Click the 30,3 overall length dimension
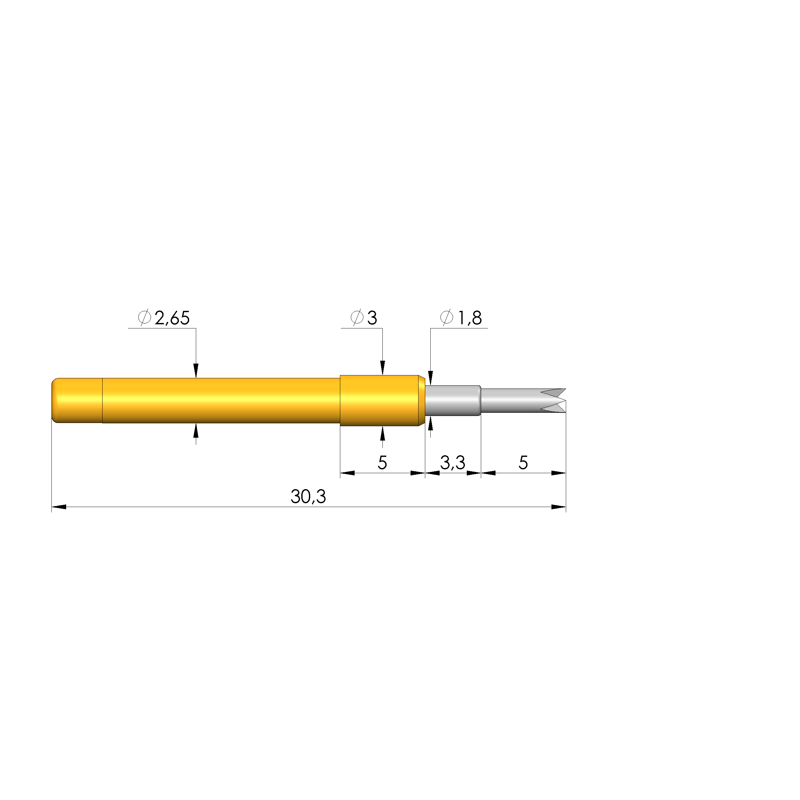point(308,496)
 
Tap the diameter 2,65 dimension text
point(164,318)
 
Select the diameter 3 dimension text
point(364,318)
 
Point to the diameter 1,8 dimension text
point(461,318)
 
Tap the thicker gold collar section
point(382,400)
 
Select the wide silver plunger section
point(453,400)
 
